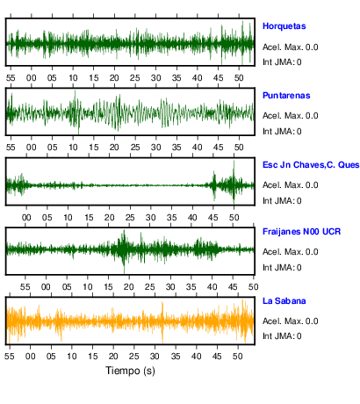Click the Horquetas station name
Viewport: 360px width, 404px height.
click(x=284, y=26)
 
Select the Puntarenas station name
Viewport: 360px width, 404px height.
click(x=286, y=96)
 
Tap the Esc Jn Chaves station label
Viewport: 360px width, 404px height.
click(x=311, y=165)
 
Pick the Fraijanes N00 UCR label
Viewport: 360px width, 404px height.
click(x=301, y=232)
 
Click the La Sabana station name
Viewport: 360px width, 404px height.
click(x=284, y=301)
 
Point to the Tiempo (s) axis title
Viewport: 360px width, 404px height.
click(x=130, y=371)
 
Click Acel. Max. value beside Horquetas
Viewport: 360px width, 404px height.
click(x=291, y=47)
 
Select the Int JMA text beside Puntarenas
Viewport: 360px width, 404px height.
click(x=282, y=132)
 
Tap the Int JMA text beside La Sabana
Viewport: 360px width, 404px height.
click(x=282, y=335)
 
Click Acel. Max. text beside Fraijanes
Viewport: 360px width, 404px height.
click(x=291, y=252)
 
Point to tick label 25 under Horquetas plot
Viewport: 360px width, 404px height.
click(x=135, y=78)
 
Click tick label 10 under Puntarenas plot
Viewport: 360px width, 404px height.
click(x=73, y=148)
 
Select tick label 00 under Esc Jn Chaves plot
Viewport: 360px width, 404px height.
click(x=26, y=218)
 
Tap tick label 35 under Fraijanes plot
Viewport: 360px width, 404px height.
click(x=191, y=286)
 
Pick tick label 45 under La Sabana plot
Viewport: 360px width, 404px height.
click(x=217, y=357)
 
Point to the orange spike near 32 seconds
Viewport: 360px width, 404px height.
click(x=162, y=322)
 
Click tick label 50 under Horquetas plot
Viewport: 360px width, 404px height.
click(x=239, y=78)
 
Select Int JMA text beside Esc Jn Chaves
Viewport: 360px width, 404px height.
click(x=282, y=201)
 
